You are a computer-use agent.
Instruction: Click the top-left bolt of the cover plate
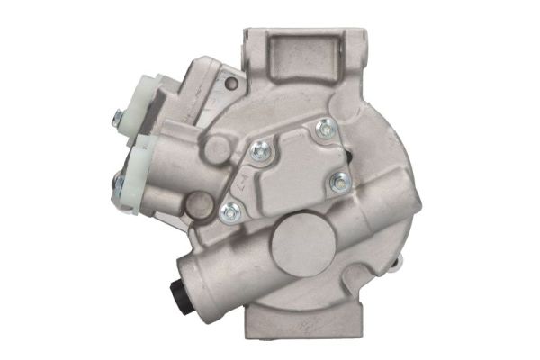coord(260,153)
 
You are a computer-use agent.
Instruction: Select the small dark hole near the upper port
coord(231,85)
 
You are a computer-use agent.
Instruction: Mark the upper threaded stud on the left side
coord(118,115)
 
